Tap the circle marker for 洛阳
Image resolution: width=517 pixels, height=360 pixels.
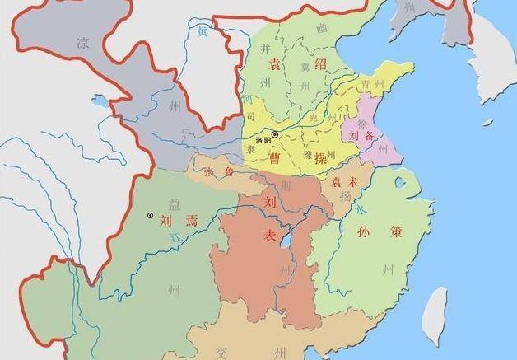274,133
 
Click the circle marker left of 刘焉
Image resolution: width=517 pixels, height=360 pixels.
150,216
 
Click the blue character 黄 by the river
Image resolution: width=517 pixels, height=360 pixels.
203,31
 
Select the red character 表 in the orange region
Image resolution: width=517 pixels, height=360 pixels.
269,236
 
